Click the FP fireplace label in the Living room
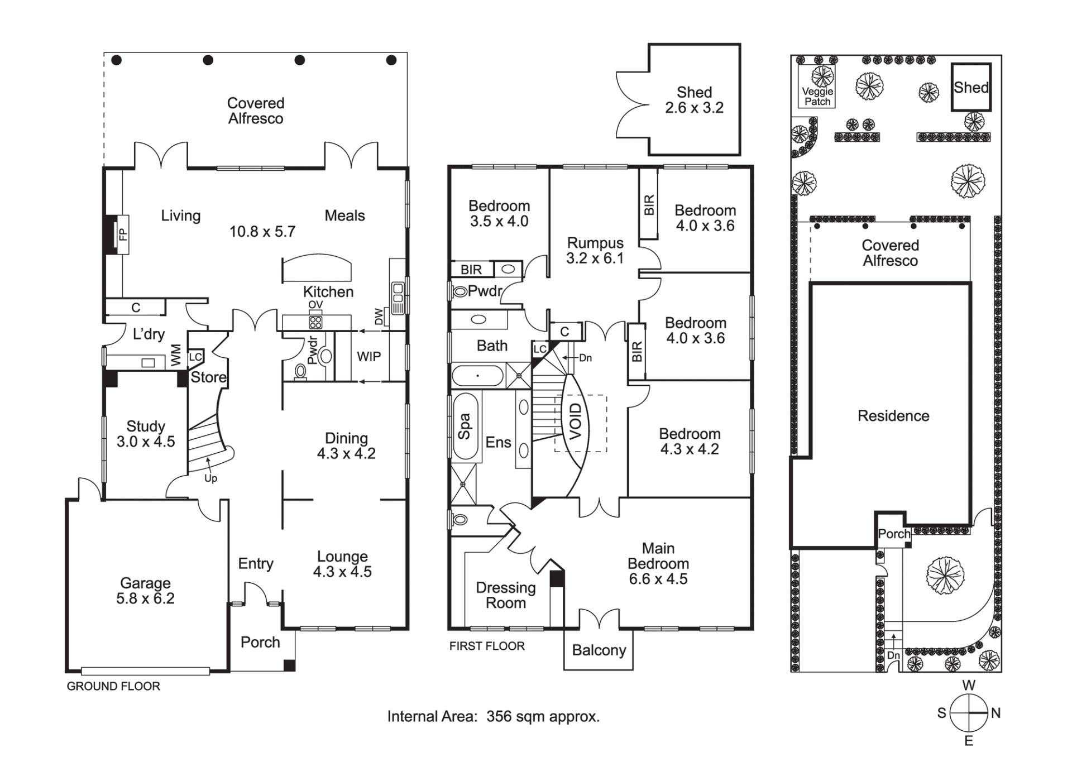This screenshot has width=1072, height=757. coord(123,234)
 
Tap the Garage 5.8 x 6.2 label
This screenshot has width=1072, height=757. coord(145,591)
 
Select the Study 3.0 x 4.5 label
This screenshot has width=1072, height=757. coord(146,434)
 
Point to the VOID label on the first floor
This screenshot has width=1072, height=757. coord(576,421)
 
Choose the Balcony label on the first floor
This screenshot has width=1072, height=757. coord(599,650)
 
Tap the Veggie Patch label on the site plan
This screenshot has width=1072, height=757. coord(817,97)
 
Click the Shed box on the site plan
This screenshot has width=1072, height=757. coord(971,87)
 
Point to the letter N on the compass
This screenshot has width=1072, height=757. coord(996,713)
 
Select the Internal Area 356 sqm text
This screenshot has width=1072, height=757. coord(494,716)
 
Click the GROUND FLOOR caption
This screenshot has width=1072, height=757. coord(113,686)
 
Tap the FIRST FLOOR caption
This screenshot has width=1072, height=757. coord(487,646)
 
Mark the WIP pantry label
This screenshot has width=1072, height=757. coord(369,357)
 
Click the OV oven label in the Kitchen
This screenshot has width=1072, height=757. coord(315,305)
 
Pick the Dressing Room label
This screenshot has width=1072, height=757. coord(506,595)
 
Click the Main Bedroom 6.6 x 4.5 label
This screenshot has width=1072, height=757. coord(658,564)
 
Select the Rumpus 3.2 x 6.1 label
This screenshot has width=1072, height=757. coord(595,251)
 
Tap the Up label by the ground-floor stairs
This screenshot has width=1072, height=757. coord(210,478)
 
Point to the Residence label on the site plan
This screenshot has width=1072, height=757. coord(893,416)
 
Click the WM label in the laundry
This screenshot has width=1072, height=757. coord(176,356)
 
